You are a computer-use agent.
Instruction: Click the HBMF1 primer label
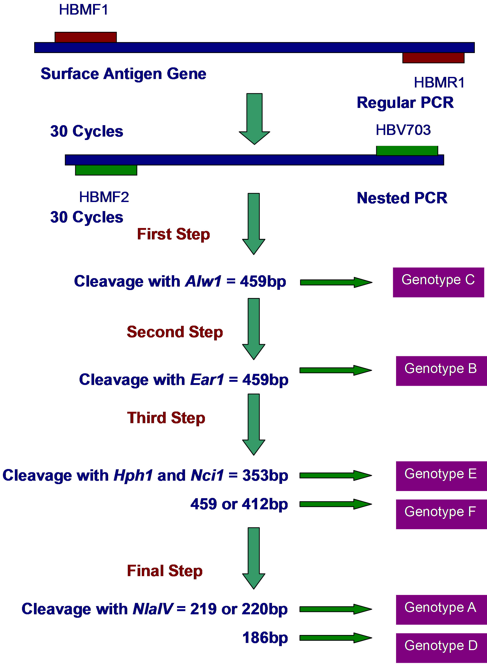pyautogui.click(x=84, y=10)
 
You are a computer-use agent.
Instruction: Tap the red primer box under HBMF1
pyautogui.click(x=85, y=37)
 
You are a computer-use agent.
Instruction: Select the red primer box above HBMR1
pyautogui.click(x=433, y=58)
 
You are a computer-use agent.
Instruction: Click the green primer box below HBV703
pyautogui.click(x=407, y=150)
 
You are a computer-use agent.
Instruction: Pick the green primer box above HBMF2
pyautogui.click(x=106, y=170)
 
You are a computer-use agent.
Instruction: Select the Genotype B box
pyautogui.click(x=441, y=371)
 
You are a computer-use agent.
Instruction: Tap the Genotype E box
pyautogui.click(x=441, y=476)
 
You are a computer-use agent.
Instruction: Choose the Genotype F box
pyautogui.click(x=441, y=514)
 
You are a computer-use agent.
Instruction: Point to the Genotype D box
pyautogui.click(x=441, y=648)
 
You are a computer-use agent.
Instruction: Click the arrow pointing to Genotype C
pyautogui.click(x=336, y=282)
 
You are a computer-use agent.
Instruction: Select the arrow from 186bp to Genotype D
pyautogui.click(x=335, y=638)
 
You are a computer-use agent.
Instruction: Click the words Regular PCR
pyautogui.click(x=405, y=103)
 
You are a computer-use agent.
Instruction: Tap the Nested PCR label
pyautogui.click(x=402, y=198)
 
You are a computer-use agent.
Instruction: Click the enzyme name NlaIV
pyautogui.click(x=153, y=609)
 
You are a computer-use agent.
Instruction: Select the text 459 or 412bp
pyautogui.click(x=239, y=504)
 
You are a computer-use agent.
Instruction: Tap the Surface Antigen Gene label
pyautogui.click(x=123, y=74)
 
